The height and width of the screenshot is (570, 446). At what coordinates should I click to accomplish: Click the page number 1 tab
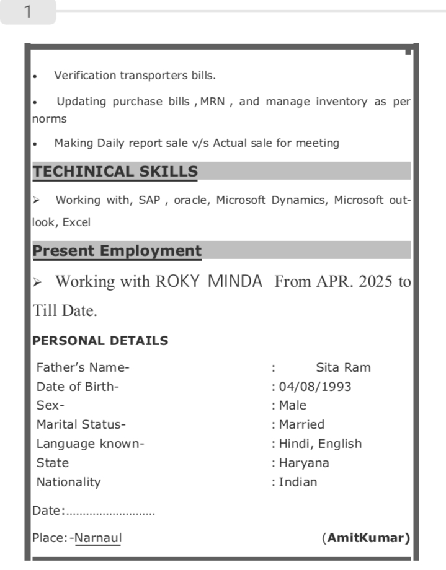pyautogui.click(x=28, y=12)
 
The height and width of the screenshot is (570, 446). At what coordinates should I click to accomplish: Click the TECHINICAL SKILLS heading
pyautogui.click(x=115, y=172)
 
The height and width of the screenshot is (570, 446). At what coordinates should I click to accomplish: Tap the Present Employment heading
pyautogui.click(x=117, y=251)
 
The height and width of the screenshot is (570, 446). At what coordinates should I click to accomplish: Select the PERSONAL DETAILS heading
pyautogui.click(x=100, y=341)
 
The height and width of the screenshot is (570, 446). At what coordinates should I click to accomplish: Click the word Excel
pyautogui.click(x=77, y=222)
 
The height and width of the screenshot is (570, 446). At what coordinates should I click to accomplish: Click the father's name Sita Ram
pyautogui.click(x=343, y=367)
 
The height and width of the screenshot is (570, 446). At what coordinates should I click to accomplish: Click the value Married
pyautogui.click(x=301, y=424)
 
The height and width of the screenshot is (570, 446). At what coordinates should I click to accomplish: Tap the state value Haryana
pyautogui.click(x=304, y=463)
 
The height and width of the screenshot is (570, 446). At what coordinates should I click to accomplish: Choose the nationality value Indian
pyautogui.click(x=298, y=482)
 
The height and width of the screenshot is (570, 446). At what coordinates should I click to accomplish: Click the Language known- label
pyautogui.click(x=90, y=444)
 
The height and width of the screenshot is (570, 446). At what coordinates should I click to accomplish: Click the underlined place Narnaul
pyautogui.click(x=98, y=538)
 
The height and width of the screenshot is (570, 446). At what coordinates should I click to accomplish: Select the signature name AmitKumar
pyautogui.click(x=366, y=538)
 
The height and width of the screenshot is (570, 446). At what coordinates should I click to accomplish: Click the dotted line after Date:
pyautogui.click(x=110, y=512)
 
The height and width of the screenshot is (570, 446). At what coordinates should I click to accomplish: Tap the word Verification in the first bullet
pyautogui.click(x=85, y=76)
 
